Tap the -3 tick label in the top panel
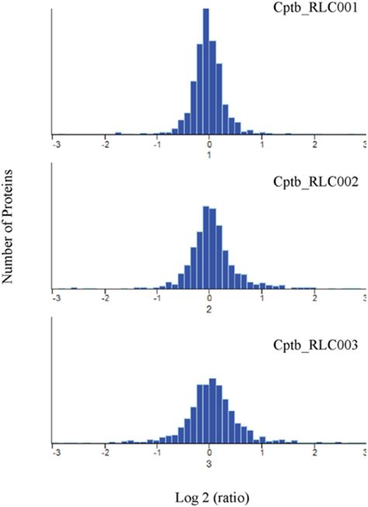tap(54, 144)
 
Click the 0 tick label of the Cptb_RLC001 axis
tap(209, 144)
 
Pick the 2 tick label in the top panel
tap(314, 144)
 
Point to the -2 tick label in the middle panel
tap(105, 298)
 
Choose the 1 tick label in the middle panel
tap(262, 298)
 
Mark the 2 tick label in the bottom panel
tap(314, 452)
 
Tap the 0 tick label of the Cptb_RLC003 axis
tap(209, 452)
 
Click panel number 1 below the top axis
tap(209, 155)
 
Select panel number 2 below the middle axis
tap(209, 309)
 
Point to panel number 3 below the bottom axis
tap(209, 463)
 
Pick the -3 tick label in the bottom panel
tap(54, 452)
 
